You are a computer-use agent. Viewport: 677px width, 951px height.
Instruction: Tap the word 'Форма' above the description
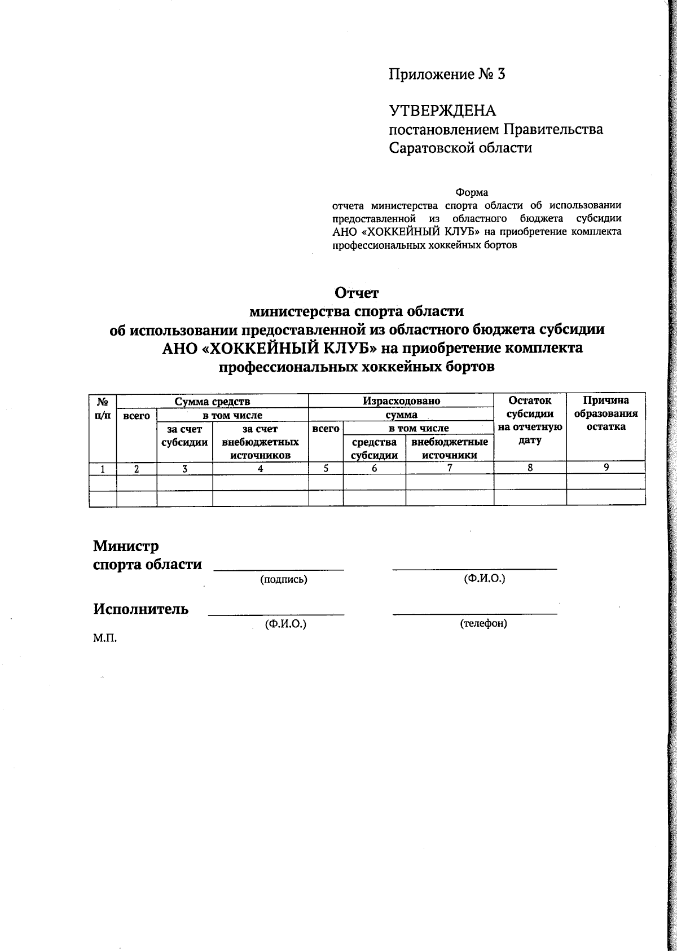pyautogui.click(x=472, y=193)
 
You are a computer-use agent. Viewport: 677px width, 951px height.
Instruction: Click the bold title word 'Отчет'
pyautogui.click(x=357, y=293)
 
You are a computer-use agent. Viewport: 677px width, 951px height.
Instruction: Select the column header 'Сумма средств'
pyautogui.click(x=212, y=402)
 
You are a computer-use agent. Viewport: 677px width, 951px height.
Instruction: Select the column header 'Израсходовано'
pyautogui.click(x=401, y=402)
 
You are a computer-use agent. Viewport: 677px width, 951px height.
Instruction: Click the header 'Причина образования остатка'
pyautogui.click(x=606, y=413)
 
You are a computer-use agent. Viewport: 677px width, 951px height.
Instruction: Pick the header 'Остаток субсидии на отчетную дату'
pyautogui.click(x=530, y=420)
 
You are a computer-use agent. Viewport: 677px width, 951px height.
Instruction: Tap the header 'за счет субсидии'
pyautogui.click(x=184, y=436)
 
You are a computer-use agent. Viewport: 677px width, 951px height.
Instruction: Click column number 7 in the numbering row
pyautogui.click(x=450, y=468)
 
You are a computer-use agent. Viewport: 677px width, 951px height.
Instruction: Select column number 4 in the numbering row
pyautogui.click(x=260, y=468)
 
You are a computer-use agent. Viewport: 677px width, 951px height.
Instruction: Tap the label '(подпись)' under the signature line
pyautogui.click(x=283, y=579)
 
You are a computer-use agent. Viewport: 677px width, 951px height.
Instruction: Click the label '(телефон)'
pyautogui.click(x=483, y=623)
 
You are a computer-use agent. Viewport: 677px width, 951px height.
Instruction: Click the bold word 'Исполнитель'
pyautogui.click(x=141, y=609)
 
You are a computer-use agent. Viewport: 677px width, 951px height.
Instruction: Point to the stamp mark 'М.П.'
pyautogui.click(x=104, y=638)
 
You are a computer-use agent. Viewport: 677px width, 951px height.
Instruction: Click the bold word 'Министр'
pyautogui.click(x=126, y=546)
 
